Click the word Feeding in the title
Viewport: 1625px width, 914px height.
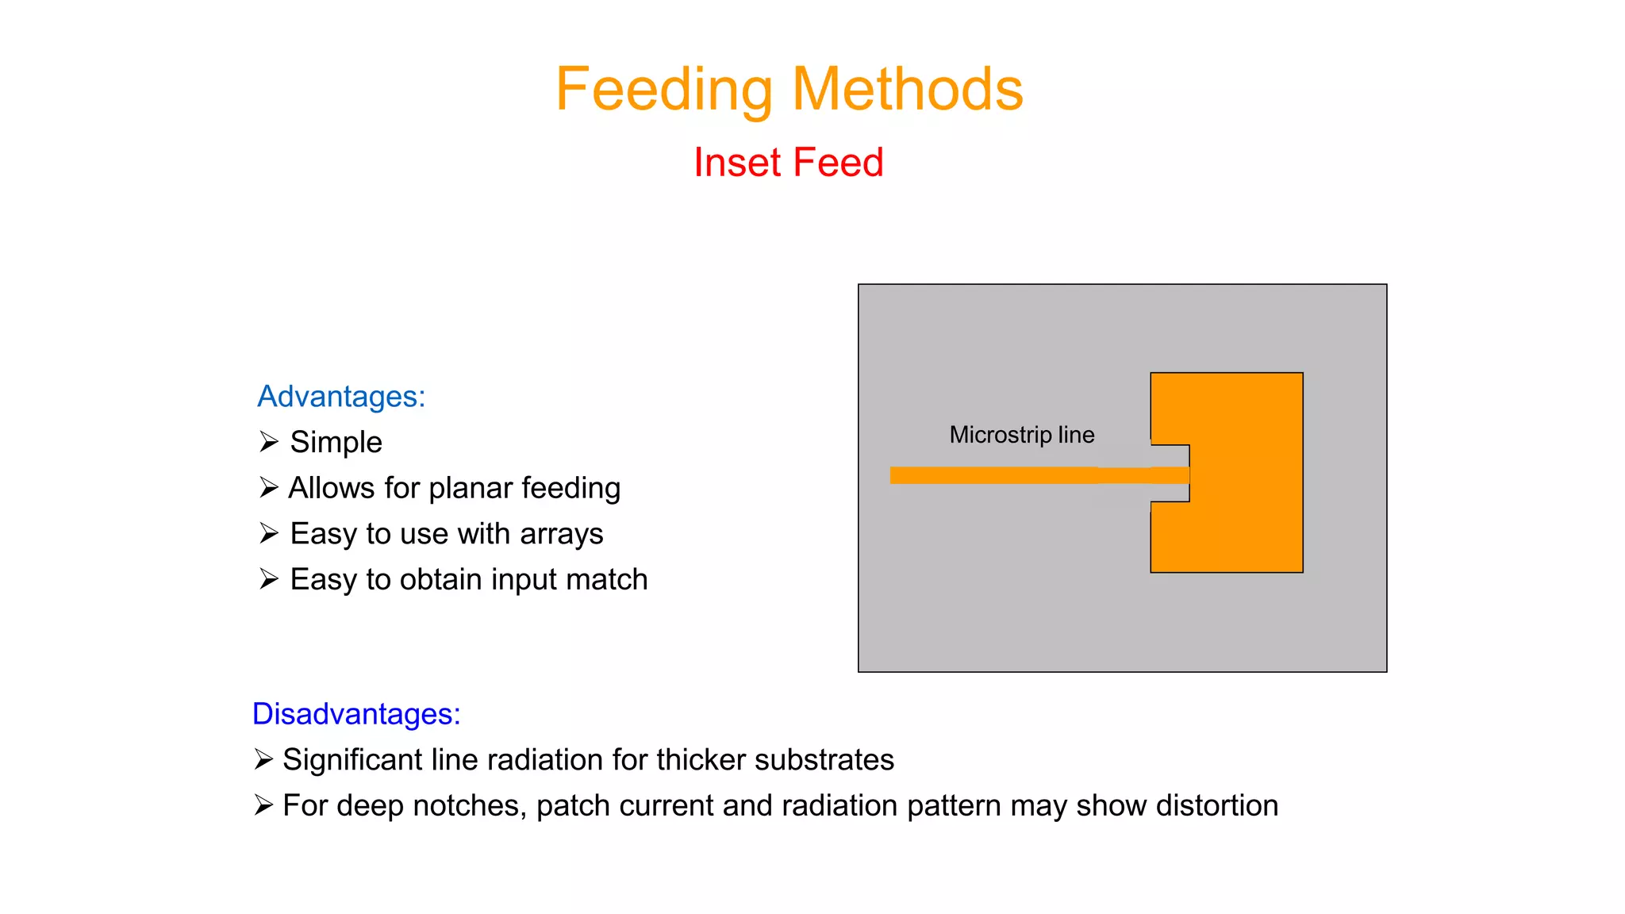coord(663,90)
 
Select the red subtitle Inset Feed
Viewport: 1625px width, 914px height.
coord(788,163)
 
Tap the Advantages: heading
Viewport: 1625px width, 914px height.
coord(341,397)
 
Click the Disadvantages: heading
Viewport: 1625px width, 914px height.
coord(356,714)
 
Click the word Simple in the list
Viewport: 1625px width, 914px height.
coord(336,443)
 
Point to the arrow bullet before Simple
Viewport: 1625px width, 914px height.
coord(269,442)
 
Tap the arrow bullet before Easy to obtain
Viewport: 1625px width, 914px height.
coord(269,579)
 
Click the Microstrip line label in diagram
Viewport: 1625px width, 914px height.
coord(1021,435)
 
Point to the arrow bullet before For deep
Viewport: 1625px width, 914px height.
coord(263,805)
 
